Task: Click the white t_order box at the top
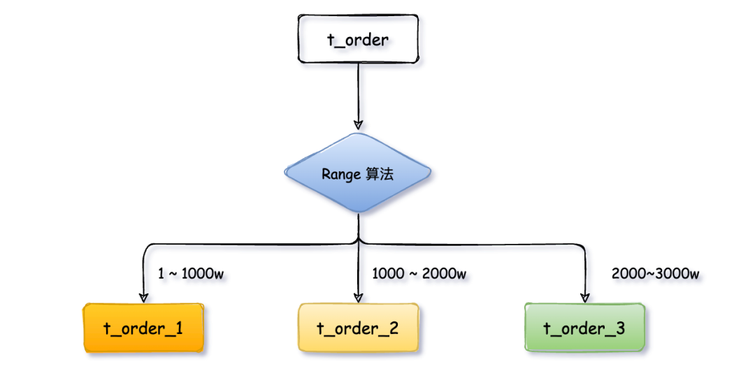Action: [x=358, y=39]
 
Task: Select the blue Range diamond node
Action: [x=358, y=174]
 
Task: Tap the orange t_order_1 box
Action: [x=143, y=328]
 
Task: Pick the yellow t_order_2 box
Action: [x=358, y=328]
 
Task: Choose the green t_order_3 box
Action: [x=584, y=328]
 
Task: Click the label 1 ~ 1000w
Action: [x=191, y=274]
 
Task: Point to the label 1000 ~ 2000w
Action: [x=419, y=274]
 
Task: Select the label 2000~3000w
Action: [x=656, y=274]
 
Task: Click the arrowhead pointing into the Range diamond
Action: [x=358, y=124]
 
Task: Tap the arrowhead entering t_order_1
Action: [x=143, y=297]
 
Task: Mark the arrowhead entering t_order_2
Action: [x=358, y=297]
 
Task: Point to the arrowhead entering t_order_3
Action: [x=584, y=297]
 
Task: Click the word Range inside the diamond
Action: [x=340, y=175]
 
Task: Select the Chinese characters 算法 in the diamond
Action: [x=380, y=174]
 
